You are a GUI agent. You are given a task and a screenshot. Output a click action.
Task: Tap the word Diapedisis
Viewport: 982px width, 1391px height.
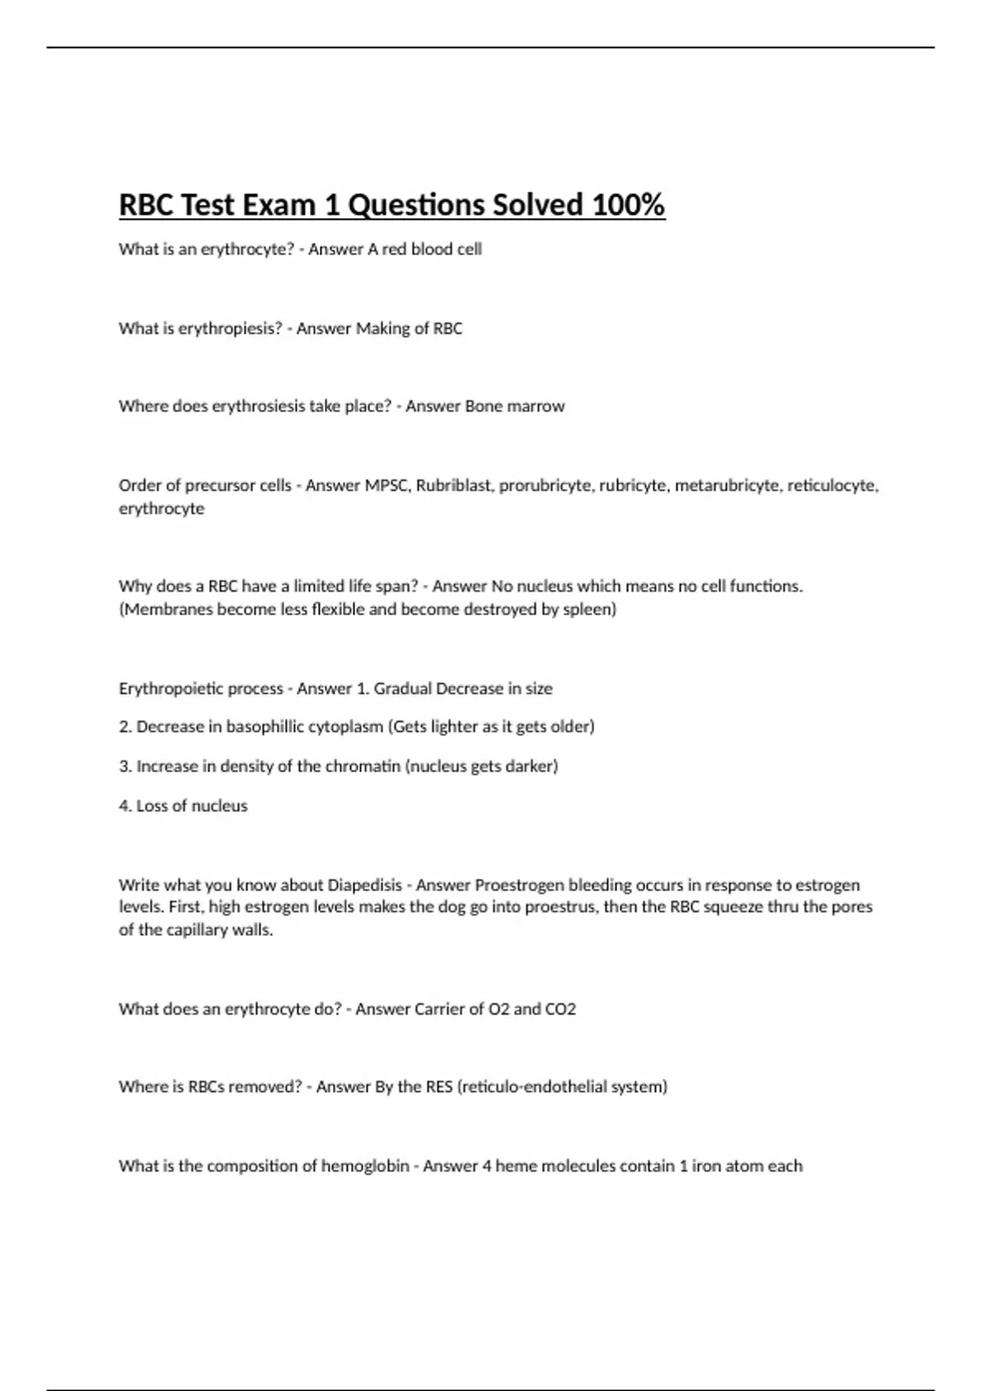[365, 885]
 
